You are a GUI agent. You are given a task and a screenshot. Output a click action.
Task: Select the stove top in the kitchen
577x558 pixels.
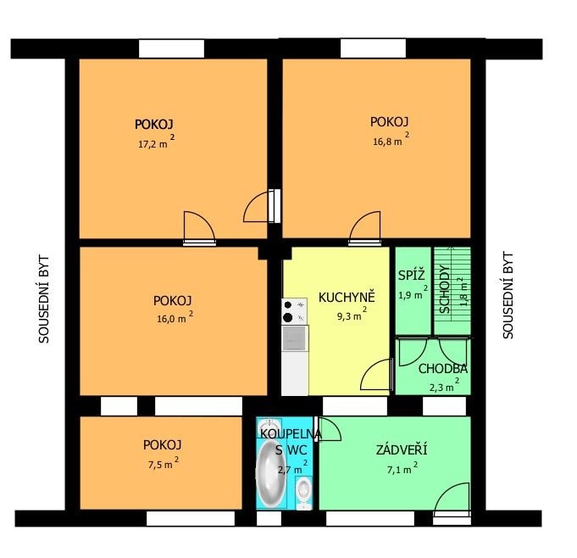coord(294,311)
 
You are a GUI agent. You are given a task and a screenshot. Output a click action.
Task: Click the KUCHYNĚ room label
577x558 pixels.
coord(347,297)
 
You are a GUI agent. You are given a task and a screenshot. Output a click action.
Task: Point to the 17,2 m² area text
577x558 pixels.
coord(157,141)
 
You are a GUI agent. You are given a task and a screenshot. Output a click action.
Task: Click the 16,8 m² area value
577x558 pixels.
coord(391,139)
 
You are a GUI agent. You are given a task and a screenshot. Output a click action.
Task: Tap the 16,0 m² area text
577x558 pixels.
coord(175,317)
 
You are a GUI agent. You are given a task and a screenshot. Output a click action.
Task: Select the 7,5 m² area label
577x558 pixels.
coord(164,463)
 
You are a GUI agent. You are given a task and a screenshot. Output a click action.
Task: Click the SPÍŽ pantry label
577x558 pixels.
coord(412,275)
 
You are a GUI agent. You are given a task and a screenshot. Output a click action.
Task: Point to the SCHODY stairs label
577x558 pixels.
coord(445,289)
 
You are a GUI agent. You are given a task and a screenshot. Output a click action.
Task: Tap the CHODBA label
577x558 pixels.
coord(442,368)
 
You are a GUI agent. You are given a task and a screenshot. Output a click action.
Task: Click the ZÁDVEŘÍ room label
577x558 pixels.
coord(402,450)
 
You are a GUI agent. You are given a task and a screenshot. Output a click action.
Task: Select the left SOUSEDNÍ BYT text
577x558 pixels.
coord(44,299)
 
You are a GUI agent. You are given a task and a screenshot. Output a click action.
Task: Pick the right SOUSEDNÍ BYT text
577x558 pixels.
coord(508,294)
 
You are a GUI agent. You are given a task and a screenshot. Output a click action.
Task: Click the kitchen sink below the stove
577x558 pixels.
coord(294,338)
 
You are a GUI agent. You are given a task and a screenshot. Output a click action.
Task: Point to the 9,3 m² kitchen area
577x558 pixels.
coord(352,314)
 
